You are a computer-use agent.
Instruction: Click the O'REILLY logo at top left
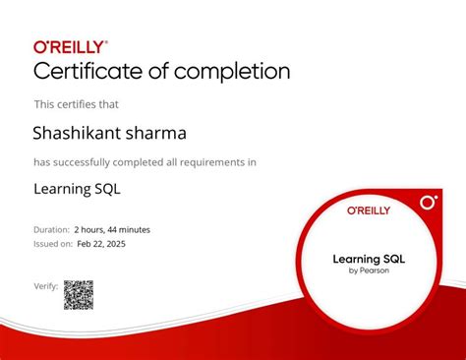[x=71, y=46]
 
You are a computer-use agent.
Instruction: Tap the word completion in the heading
[x=235, y=72]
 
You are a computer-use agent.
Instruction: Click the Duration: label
[x=52, y=229]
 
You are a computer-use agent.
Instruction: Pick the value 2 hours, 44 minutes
[x=112, y=229]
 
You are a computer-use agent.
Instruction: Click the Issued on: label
[x=53, y=243]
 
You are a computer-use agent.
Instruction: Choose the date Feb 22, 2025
[x=102, y=243]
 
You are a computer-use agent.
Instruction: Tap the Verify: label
[x=45, y=286]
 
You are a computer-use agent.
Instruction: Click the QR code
[x=79, y=294]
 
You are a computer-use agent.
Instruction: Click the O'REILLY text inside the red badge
[x=369, y=210]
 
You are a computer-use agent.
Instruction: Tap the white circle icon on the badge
[x=428, y=203]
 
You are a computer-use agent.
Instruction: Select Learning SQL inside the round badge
[x=369, y=259]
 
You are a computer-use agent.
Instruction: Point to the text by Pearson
[x=369, y=270]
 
